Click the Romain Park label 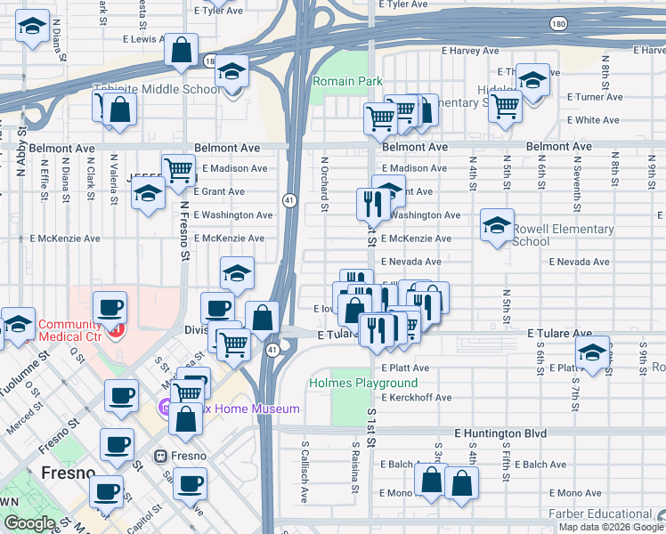pyautogui.click(x=347, y=82)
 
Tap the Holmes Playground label pyautogui.click(x=351, y=383)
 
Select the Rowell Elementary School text pyautogui.click(x=563, y=235)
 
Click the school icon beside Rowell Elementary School pyautogui.click(x=498, y=225)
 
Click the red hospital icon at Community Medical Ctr pyautogui.click(x=116, y=330)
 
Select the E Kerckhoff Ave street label pyautogui.click(x=416, y=398)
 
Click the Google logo pyautogui.click(x=29, y=523)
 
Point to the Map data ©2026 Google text pyautogui.click(x=603, y=527)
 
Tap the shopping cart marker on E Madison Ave pyautogui.click(x=179, y=168)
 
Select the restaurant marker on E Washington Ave pyautogui.click(x=372, y=204)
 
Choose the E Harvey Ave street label pyautogui.click(x=480, y=52)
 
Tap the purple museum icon pyautogui.click(x=165, y=409)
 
